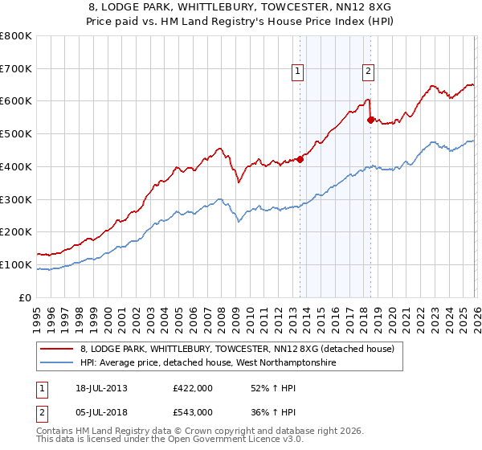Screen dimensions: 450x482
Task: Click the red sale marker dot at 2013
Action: pos(300,159)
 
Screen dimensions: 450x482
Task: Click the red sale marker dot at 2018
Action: pos(370,120)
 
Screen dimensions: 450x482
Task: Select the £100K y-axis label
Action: pos(16,265)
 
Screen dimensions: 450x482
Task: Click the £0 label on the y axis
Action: pos(26,298)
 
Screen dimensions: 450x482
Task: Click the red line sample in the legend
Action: pos(58,350)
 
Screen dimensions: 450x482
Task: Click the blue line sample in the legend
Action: pos(58,363)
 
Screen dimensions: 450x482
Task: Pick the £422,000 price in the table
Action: pos(193,388)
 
